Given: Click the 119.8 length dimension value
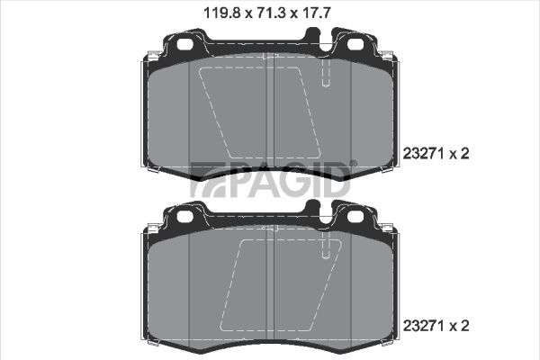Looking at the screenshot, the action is tap(221, 13).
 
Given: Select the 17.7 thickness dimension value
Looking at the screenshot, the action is tap(316, 13).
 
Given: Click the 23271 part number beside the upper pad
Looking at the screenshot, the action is tap(424, 154).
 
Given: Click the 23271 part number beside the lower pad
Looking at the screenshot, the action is tap(424, 326).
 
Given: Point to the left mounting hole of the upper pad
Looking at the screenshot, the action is tap(184, 44).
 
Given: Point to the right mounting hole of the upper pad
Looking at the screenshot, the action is tap(355, 44).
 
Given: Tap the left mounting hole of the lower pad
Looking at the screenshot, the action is tap(184, 216).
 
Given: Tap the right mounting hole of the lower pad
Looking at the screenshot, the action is tap(355, 216).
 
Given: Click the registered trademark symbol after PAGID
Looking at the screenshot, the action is tap(354, 164).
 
